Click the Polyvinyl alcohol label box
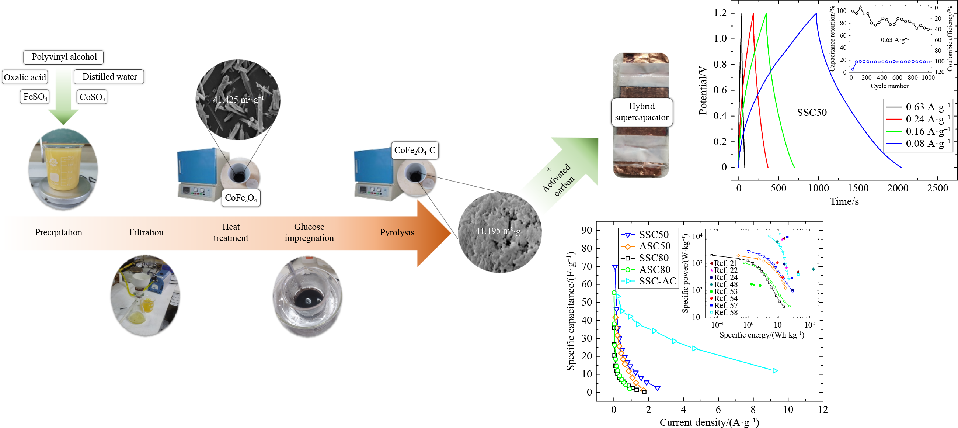[x=64, y=57]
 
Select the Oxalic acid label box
[x=25, y=77]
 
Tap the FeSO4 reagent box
[x=35, y=97]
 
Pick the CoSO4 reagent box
[x=92, y=97]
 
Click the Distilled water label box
[x=109, y=77]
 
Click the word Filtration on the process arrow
[x=146, y=232]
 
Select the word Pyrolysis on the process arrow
[x=397, y=232]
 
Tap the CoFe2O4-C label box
[x=415, y=151]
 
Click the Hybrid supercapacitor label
[x=641, y=112]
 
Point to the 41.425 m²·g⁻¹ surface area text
[x=238, y=99]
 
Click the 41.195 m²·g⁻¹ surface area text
[x=500, y=231]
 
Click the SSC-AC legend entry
[x=649, y=282]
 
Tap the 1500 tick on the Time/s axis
[x=858, y=188]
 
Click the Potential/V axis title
[x=703, y=90]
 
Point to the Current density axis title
[x=709, y=422]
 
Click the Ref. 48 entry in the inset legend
[x=723, y=284]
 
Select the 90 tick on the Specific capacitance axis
[x=587, y=230]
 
